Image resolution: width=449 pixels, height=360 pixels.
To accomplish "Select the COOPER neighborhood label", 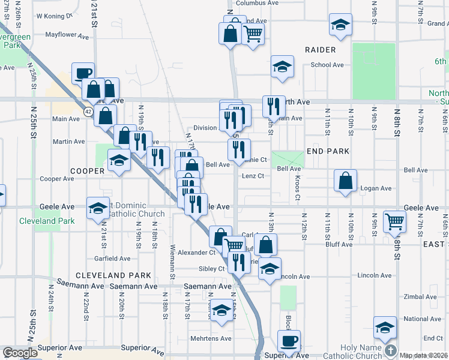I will (87, 170).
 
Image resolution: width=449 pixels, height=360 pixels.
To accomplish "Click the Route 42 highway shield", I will (88, 112).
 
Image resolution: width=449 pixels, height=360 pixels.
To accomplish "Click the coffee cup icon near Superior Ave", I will (289, 341).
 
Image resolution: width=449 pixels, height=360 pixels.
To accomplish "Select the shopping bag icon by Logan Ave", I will (345, 180).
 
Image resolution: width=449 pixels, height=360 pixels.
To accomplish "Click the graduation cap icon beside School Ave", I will (282, 67).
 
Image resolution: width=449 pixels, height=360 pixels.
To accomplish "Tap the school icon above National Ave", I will (385, 327).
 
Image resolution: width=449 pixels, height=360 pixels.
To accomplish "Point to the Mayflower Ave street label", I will (68, 35).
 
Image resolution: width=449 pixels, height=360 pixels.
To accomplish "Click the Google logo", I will (20, 353).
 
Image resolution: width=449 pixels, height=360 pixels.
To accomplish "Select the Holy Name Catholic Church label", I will (360, 352).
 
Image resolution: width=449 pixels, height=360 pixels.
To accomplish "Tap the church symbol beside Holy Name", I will (391, 350).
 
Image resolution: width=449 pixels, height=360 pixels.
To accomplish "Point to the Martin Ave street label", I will (68, 142).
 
